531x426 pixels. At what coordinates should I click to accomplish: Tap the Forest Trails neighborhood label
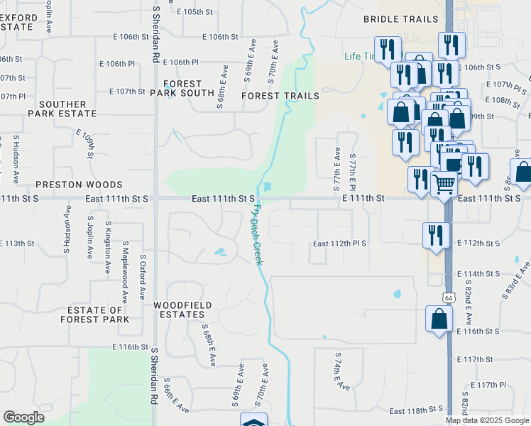[x=280, y=95]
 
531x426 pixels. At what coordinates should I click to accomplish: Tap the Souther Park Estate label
[x=62, y=109]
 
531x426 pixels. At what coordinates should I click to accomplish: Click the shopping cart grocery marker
[x=444, y=185]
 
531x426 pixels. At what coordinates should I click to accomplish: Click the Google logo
[x=23, y=417]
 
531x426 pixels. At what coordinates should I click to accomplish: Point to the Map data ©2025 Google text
[x=488, y=420]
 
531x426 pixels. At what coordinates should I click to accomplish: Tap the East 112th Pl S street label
[x=341, y=244]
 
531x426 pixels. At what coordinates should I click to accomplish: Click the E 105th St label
[x=195, y=12]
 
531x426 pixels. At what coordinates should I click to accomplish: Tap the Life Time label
[x=362, y=56]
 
